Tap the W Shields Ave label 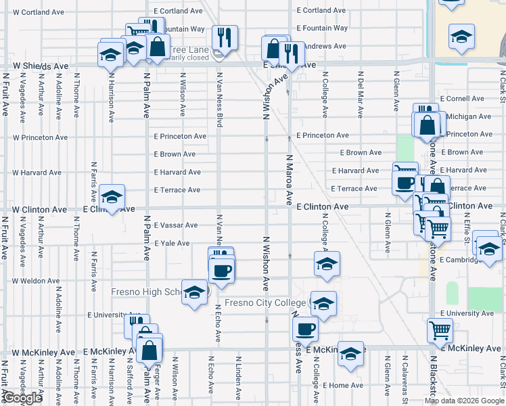(x=41, y=66)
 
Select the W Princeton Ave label (x=40, y=137)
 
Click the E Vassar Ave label (x=176, y=225)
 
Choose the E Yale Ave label (x=172, y=243)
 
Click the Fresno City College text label (x=265, y=302)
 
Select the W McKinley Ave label (x=43, y=353)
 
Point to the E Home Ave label (x=342, y=386)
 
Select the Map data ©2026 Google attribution (x=464, y=401)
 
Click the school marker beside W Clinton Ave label (x=112, y=197)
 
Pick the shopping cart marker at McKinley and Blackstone (x=440, y=331)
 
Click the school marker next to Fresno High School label (x=195, y=292)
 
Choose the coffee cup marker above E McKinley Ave (x=305, y=329)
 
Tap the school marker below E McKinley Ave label (x=350, y=354)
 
